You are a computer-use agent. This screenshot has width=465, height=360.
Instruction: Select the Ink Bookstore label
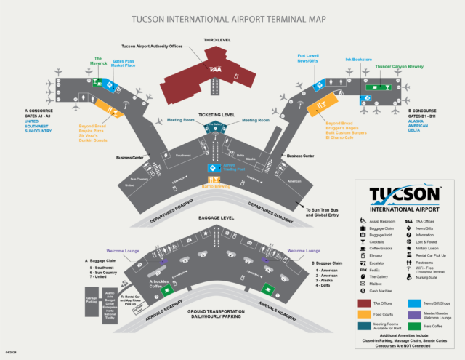[x=357, y=60]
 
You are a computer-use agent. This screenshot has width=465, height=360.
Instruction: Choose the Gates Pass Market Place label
[x=125, y=64]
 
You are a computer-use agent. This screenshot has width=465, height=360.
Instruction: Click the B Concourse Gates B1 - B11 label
[x=421, y=115]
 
